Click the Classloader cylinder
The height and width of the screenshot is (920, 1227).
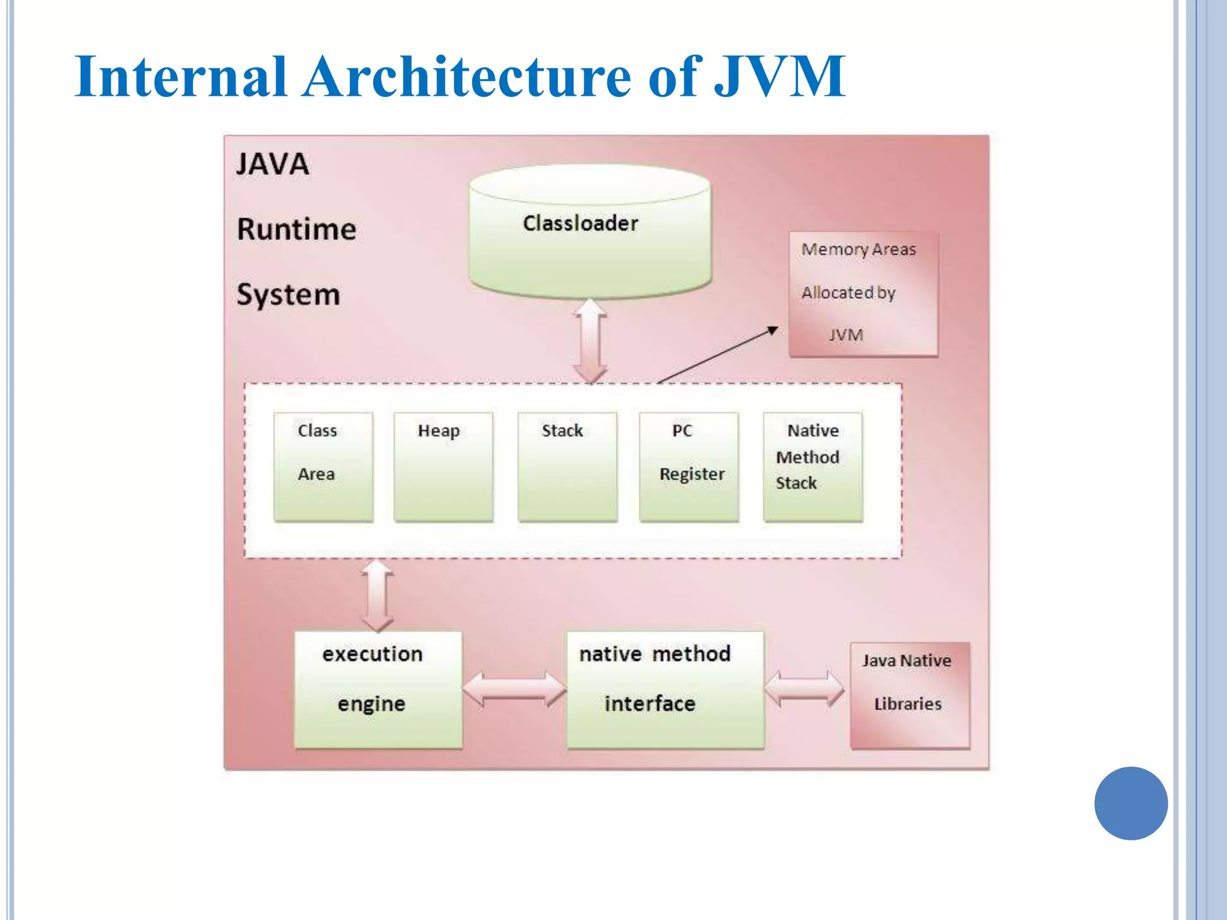(590, 234)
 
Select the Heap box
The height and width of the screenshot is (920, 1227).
(443, 467)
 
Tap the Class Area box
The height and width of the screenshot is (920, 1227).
(324, 467)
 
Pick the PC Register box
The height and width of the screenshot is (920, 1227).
(689, 467)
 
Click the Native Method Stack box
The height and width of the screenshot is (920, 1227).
(813, 467)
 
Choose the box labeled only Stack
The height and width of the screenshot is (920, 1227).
(567, 467)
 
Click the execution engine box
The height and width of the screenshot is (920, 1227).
(378, 689)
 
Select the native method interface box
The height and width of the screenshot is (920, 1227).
(665, 689)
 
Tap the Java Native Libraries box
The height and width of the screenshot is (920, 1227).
(909, 695)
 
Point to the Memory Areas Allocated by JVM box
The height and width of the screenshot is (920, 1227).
(863, 294)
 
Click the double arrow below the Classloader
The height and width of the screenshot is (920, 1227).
(591, 341)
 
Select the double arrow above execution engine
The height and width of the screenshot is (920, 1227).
(377, 595)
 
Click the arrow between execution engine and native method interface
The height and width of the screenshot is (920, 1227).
(515, 689)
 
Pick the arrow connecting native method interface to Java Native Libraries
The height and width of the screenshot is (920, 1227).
(805, 689)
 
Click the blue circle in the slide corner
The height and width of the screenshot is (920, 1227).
(1131, 803)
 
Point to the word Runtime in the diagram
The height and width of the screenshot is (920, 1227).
(297, 229)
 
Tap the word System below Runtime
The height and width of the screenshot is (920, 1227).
(288, 295)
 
